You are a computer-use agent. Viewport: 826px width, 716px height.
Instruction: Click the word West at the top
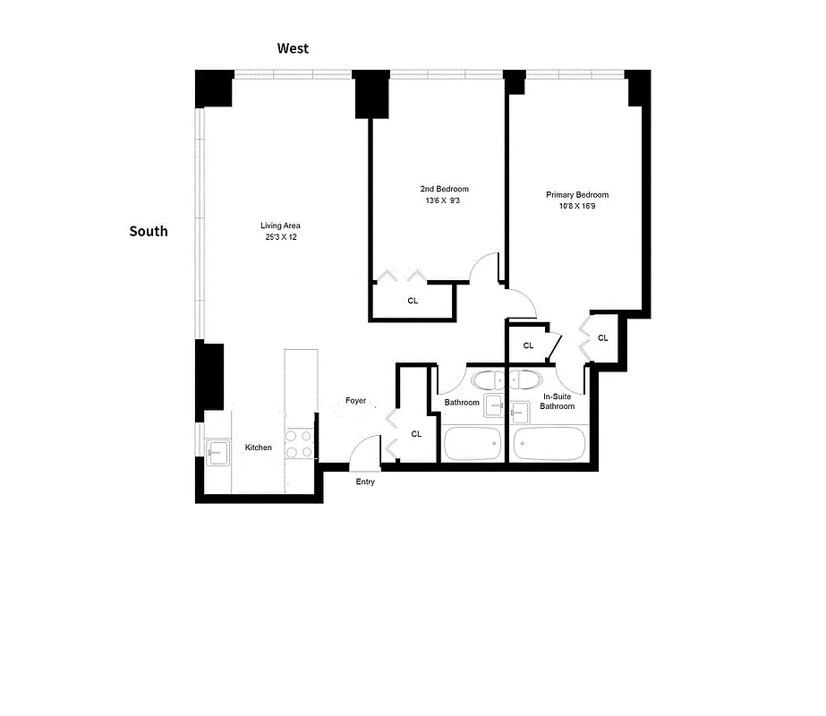293,48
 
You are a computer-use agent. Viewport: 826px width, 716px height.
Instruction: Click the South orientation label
149,231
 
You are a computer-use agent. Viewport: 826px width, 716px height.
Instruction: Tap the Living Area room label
279,226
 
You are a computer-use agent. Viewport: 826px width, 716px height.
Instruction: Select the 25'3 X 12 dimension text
279,237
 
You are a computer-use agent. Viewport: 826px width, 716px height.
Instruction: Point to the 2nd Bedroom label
444,189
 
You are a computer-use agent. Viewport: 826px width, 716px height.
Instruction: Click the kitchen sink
217,452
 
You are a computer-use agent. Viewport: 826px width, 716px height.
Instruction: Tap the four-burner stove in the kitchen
299,445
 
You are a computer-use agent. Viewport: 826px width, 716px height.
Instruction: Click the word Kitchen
259,447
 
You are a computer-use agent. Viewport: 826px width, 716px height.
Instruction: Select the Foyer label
356,401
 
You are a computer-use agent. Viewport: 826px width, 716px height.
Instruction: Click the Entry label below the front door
365,482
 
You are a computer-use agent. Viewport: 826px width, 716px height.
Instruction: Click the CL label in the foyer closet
416,434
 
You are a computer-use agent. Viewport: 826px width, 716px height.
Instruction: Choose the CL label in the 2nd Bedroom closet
413,302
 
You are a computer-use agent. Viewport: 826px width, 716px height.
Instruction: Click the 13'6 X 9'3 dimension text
444,200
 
